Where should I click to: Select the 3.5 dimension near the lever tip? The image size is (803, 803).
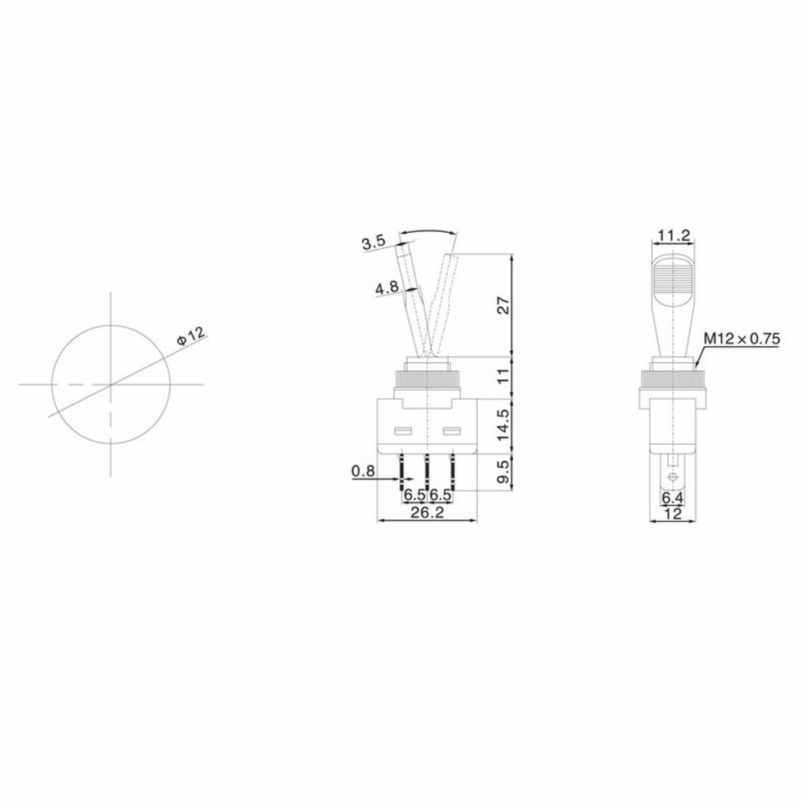(375, 243)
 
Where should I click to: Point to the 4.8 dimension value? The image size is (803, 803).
(387, 288)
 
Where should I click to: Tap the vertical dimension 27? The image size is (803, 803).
(503, 306)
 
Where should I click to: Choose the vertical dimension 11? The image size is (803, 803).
(503, 376)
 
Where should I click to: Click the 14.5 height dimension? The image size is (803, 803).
(503, 425)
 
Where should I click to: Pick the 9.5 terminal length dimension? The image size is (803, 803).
(503, 471)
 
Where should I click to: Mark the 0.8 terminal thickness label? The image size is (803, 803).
(363, 472)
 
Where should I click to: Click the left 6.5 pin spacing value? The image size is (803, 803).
(414, 494)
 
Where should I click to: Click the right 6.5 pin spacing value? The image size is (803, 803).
(441, 494)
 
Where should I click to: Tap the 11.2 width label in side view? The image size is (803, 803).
(673, 234)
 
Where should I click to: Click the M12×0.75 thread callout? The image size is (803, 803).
(742, 339)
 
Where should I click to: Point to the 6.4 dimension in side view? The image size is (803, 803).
(672, 499)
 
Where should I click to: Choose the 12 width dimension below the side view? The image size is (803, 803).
(672, 514)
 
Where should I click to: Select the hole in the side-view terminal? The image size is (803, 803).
(672, 480)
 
